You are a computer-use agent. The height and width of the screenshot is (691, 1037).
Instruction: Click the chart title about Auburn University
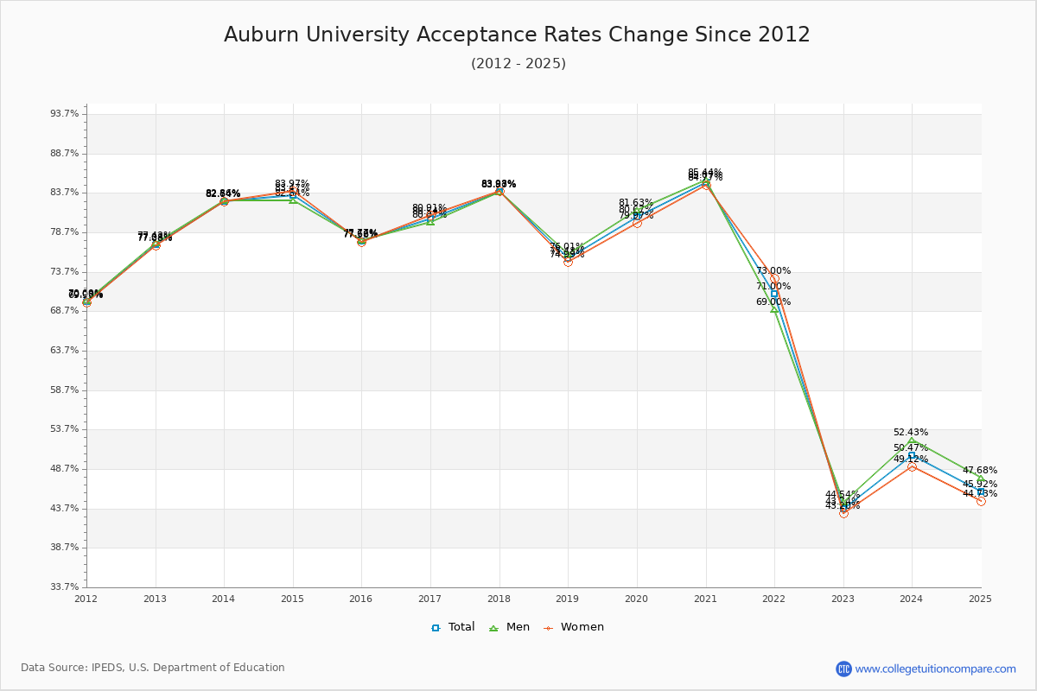click(x=517, y=35)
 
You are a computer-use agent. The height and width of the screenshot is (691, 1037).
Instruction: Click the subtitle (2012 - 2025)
click(x=518, y=64)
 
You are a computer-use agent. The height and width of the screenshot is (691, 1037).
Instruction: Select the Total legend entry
click(x=453, y=627)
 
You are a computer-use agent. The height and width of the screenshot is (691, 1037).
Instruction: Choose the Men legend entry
click(x=509, y=627)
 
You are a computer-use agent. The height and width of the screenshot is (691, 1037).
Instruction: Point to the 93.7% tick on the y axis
click(x=66, y=114)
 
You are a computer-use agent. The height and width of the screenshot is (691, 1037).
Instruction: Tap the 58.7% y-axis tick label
click(x=66, y=390)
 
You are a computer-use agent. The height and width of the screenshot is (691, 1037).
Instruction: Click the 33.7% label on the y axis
click(x=66, y=587)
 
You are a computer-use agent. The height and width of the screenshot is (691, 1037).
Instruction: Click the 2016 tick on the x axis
click(x=361, y=599)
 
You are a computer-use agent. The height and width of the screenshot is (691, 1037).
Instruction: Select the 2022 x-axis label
click(x=774, y=599)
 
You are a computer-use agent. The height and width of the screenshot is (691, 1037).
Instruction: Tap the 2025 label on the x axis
click(x=981, y=599)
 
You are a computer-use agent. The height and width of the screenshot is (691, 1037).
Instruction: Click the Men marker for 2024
click(x=912, y=441)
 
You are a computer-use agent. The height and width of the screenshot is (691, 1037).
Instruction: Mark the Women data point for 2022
click(x=774, y=279)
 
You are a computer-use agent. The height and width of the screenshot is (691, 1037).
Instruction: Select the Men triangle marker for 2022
click(x=774, y=308)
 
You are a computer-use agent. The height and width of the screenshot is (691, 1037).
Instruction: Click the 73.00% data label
click(x=773, y=270)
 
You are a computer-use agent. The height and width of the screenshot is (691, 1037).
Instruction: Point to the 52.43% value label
click(x=911, y=432)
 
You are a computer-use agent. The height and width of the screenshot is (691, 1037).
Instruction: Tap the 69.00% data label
click(x=773, y=302)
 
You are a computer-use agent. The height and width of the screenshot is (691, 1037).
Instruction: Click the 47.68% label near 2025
click(x=980, y=471)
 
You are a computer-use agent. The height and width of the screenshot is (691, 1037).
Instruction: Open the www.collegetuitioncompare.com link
click(x=935, y=669)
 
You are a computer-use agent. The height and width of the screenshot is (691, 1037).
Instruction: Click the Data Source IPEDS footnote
click(x=153, y=668)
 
